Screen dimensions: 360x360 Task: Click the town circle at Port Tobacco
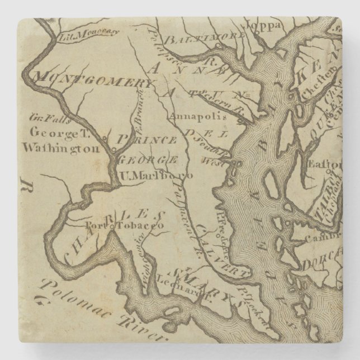click(x=111, y=227)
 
